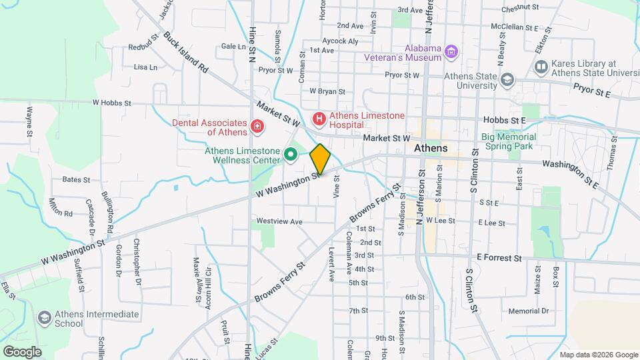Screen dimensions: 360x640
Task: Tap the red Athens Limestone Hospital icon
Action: click(x=319, y=119)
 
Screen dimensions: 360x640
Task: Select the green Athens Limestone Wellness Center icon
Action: click(x=291, y=155)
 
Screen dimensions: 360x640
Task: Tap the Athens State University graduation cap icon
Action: click(x=508, y=80)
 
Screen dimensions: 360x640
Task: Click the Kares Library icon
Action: click(x=541, y=67)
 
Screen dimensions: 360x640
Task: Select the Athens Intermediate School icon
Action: click(x=45, y=319)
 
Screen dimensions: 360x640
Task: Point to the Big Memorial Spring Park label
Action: click(x=518, y=141)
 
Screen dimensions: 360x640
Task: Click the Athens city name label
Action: click(x=430, y=148)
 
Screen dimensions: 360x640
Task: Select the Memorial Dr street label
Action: click(x=527, y=311)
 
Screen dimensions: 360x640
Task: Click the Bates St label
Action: click(x=75, y=179)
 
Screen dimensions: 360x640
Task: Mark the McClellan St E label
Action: click(x=514, y=28)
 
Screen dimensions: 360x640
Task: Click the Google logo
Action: click(x=21, y=351)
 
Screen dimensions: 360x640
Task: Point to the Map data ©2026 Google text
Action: click(x=598, y=354)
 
